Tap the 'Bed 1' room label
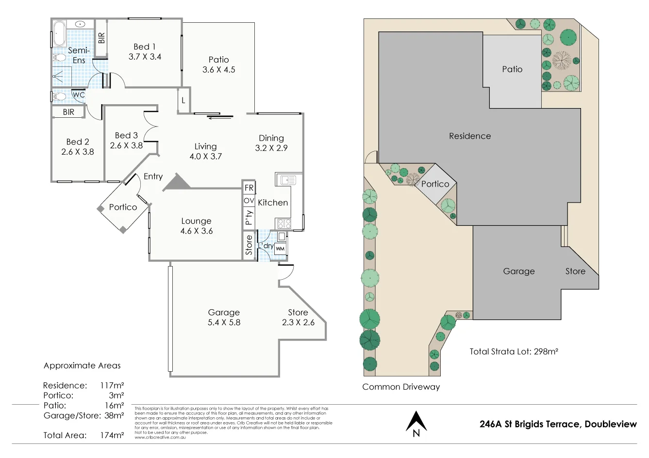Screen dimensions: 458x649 coord(145,47)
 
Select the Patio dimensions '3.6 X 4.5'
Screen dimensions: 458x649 coord(218,70)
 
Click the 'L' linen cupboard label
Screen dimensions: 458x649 coord(183,101)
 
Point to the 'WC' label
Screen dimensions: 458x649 coord(78,95)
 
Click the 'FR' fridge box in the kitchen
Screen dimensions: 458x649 coord(249,188)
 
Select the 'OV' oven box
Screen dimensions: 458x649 coord(249,201)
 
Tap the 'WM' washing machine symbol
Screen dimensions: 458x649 coord(280,249)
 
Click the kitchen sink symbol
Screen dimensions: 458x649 coord(287,180)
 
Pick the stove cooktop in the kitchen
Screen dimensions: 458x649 coord(283,223)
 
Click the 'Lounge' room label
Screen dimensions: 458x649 coord(196,221)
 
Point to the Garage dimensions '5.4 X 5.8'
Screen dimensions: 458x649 coord(224,322)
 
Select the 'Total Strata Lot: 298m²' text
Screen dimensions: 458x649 coord(514,351)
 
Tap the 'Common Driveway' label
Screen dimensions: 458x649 coord(401,387)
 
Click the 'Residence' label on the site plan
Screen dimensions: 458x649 coord(470,136)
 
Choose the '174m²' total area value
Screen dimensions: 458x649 coord(112,435)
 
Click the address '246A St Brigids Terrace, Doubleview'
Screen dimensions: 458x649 coord(558,424)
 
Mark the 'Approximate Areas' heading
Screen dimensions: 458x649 coord(82,365)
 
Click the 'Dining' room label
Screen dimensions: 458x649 coord(271,138)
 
